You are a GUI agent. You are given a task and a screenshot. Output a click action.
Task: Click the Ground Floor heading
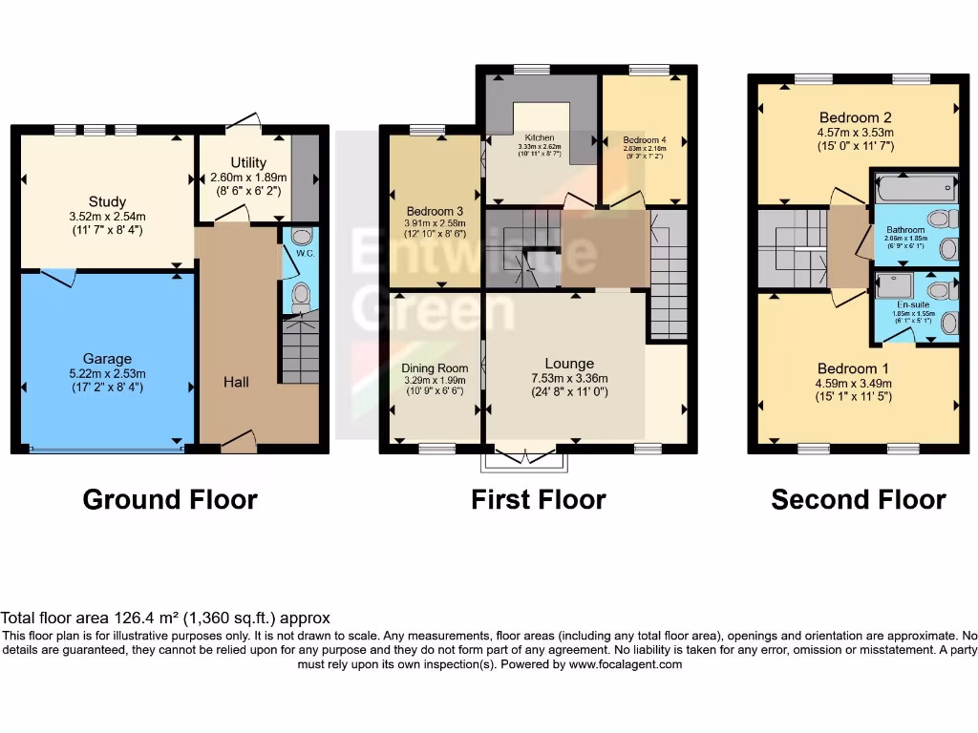point(170,499)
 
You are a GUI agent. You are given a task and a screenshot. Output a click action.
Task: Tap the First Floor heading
point(538,499)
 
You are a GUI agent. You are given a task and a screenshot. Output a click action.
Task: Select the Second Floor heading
point(858,499)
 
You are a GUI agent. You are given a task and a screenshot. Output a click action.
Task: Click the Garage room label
point(107,359)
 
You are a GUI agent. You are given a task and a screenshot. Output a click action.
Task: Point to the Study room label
point(107,201)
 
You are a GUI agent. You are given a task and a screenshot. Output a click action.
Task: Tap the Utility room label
point(248,163)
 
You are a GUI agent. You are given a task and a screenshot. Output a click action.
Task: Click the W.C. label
point(301,254)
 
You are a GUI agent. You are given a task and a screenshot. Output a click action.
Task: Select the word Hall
point(236,382)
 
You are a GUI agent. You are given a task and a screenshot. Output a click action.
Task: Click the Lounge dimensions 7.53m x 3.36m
point(569,378)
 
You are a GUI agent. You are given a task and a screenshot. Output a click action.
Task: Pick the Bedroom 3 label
point(435,211)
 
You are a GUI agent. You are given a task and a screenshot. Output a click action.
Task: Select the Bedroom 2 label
point(855,118)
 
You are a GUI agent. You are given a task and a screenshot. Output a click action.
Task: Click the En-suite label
point(904,304)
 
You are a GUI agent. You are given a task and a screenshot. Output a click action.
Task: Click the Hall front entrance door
point(239,442)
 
